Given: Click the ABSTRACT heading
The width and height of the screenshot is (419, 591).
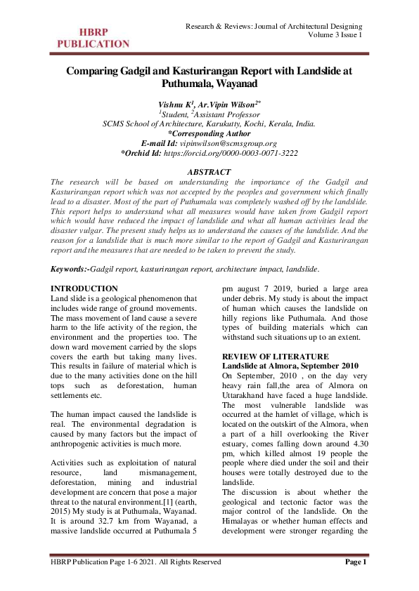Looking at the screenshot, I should point(209,172).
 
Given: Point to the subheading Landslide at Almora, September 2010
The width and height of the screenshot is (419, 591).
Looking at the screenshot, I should point(290,366).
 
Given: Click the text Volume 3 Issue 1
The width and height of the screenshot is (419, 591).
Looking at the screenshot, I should point(335,35).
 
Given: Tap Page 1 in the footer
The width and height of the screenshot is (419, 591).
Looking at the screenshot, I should point(354,562).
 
